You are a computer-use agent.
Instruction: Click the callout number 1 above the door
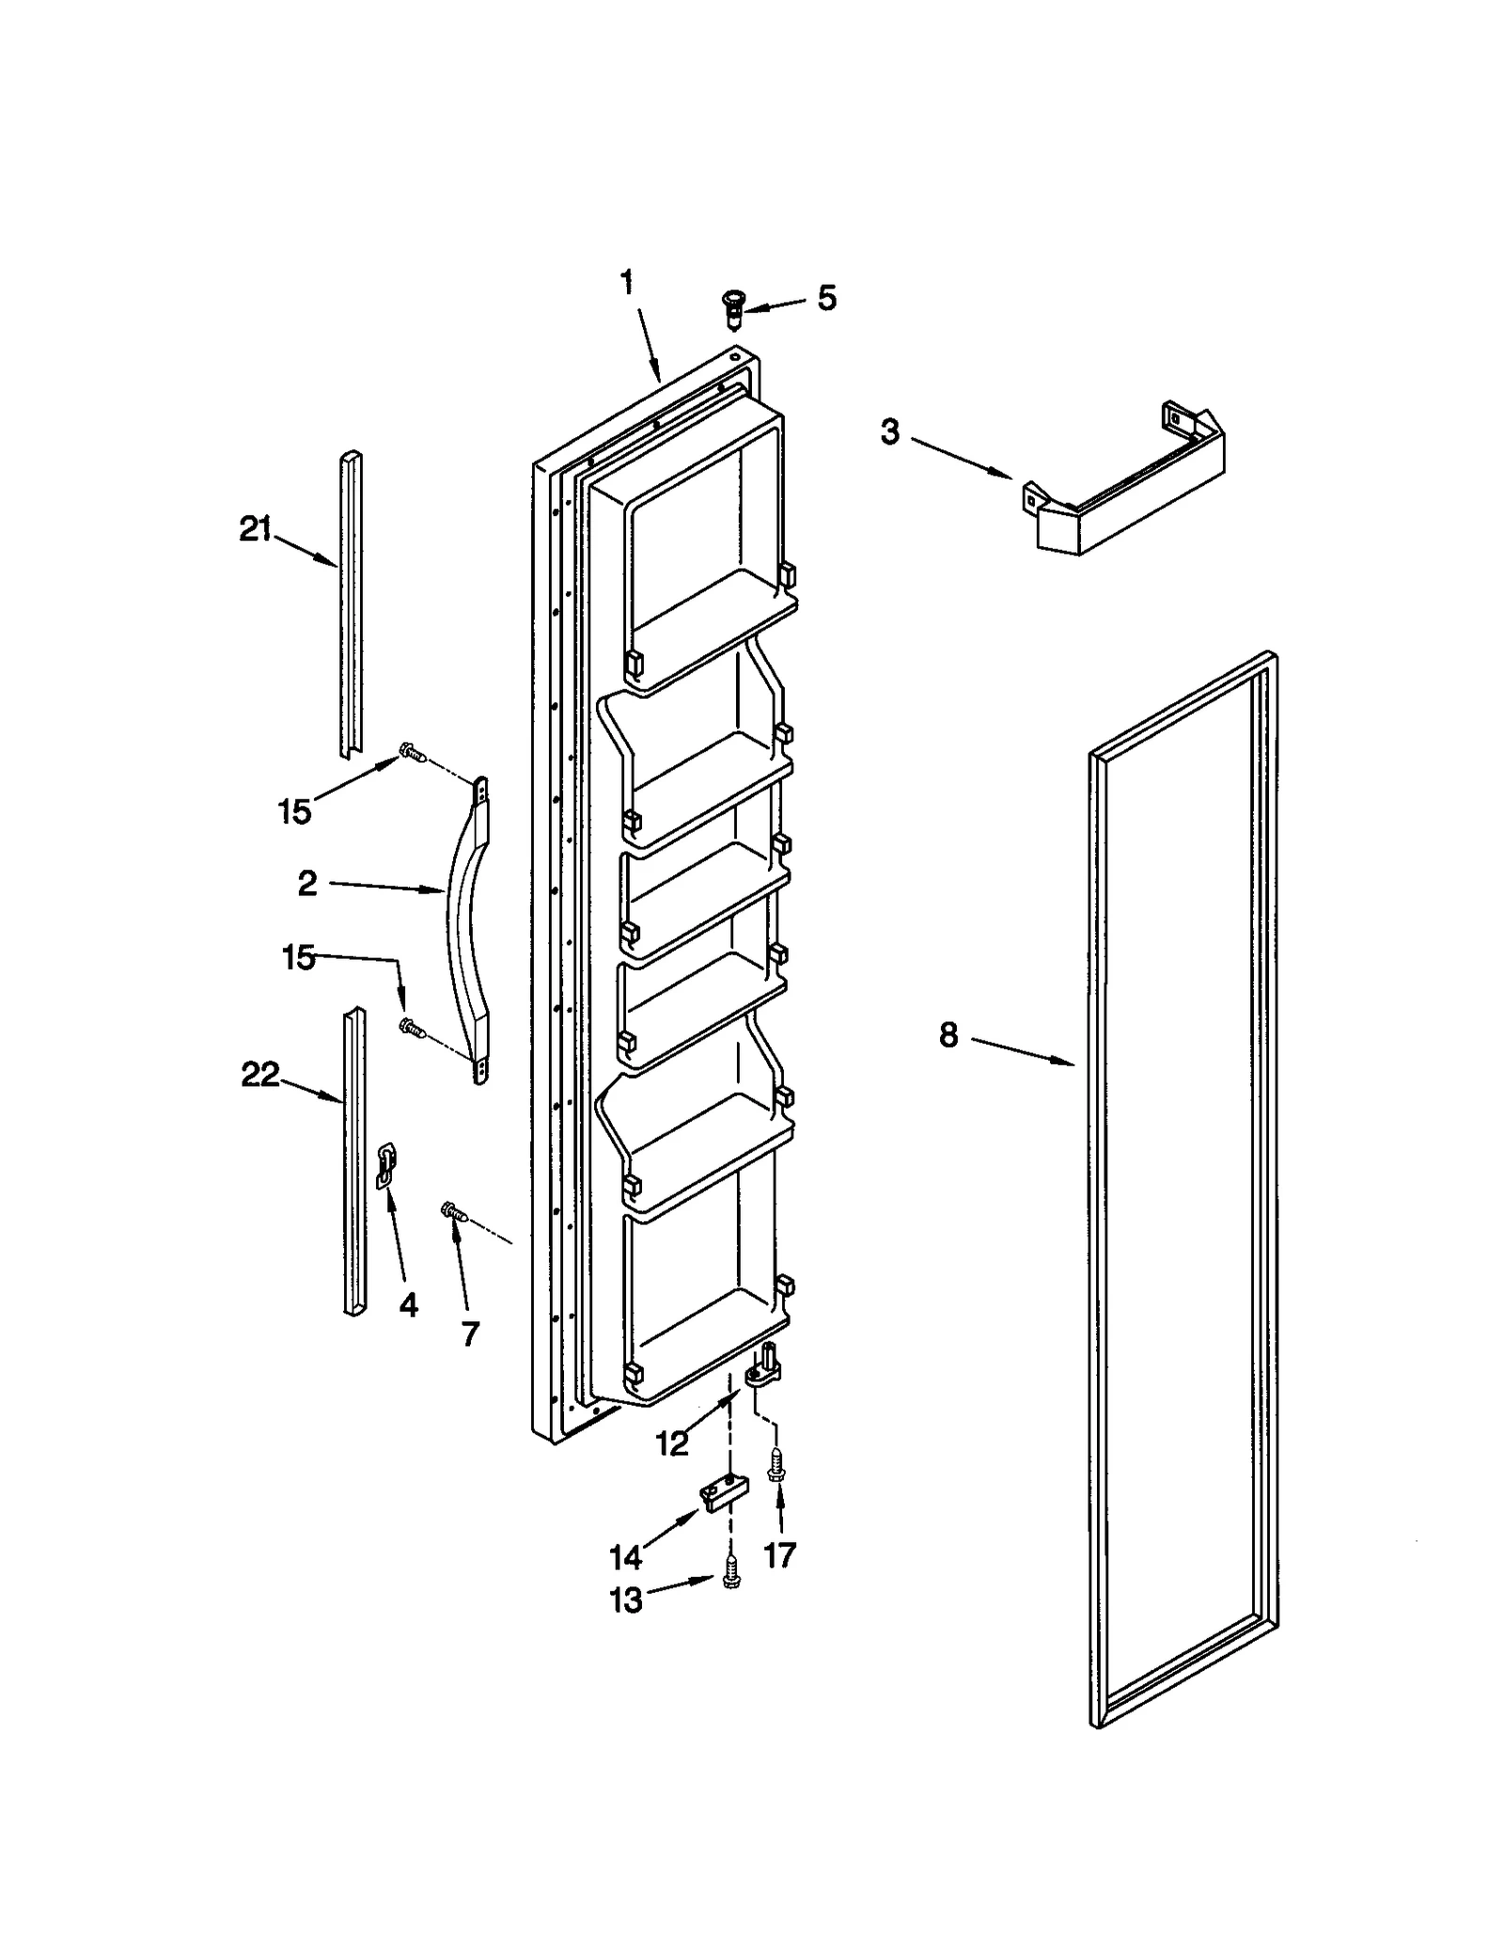(x=627, y=282)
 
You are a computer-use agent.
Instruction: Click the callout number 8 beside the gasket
(x=948, y=1035)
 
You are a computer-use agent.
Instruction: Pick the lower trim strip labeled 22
(x=354, y=1161)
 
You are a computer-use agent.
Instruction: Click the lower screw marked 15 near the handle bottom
(x=411, y=1027)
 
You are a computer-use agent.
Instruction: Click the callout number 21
(x=255, y=530)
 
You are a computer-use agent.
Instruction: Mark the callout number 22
(x=260, y=1074)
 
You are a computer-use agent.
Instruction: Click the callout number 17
(x=779, y=1555)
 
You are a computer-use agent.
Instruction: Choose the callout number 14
(x=626, y=1557)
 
